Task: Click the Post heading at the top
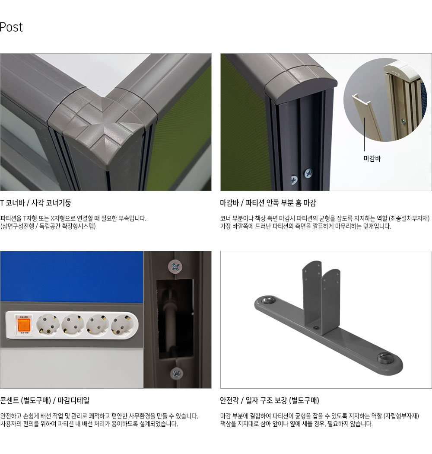click(11, 27)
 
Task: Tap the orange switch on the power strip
click(24, 325)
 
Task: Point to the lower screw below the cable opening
click(177, 374)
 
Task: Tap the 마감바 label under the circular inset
click(372, 158)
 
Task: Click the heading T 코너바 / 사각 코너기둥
click(35, 203)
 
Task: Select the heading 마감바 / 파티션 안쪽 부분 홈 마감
click(268, 203)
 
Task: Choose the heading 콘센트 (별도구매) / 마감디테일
click(44, 401)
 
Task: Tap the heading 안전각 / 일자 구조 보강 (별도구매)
click(270, 401)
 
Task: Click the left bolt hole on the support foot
click(268, 300)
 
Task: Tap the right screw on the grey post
click(308, 173)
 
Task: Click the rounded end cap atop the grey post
click(301, 84)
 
